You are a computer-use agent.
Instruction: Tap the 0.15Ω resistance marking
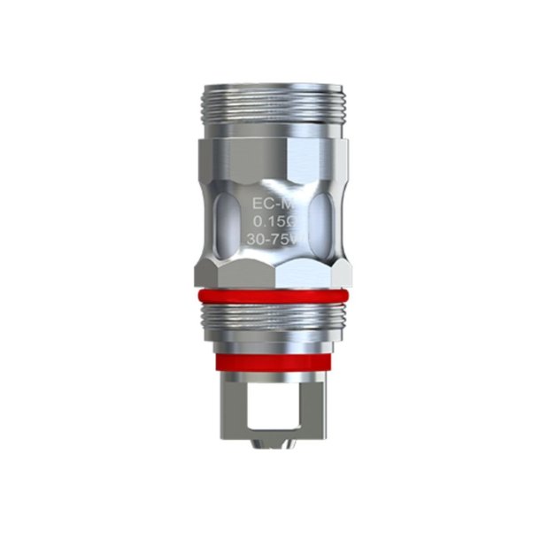pyautogui.click(x=268, y=222)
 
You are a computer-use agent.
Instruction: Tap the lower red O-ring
pyautogui.click(x=269, y=360)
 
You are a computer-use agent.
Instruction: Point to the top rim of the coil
pyautogui.click(x=269, y=85)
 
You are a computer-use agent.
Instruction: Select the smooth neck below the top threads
pyautogui.click(x=269, y=129)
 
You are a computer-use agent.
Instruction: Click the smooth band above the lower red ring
pyautogui.click(x=269, y=346)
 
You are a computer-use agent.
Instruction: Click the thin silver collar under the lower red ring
pyautogui.click(x=269, y=371)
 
